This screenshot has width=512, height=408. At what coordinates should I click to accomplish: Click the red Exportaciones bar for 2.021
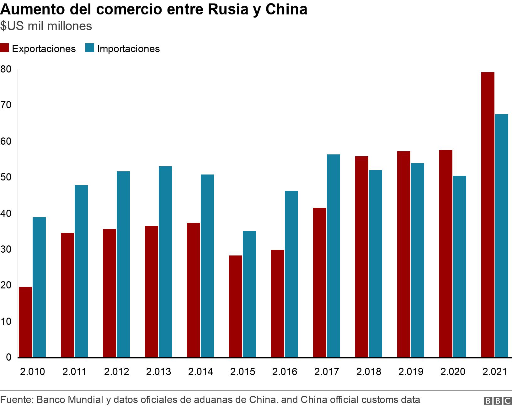488,215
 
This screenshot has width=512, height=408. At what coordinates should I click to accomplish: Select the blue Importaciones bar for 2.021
501,236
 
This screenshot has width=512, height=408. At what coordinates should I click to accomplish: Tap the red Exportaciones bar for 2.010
25,322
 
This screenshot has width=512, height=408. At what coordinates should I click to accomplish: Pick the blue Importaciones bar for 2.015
249,294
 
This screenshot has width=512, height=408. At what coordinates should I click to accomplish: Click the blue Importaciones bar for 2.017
333,256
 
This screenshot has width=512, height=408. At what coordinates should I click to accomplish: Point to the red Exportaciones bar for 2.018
362,257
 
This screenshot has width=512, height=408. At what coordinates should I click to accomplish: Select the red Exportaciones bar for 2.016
278,303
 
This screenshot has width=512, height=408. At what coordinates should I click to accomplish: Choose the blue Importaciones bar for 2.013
165,262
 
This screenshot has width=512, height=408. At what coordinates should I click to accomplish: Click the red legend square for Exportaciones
4,48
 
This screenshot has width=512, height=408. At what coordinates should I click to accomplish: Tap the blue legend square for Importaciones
90,48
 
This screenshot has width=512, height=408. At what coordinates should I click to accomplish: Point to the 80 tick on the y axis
6,69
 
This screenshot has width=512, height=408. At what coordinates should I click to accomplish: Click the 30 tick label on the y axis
6,250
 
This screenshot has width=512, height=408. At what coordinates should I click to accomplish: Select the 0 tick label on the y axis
8,357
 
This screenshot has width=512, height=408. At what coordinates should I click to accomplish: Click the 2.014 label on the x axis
200,372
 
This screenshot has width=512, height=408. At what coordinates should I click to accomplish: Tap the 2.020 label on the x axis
453,372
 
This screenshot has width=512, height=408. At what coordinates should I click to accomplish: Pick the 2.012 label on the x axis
116,372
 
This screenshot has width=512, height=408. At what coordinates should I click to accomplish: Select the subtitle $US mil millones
46,26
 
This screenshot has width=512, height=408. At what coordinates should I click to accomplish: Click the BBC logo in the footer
498,401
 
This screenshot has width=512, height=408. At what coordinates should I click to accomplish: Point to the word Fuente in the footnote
16,400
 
